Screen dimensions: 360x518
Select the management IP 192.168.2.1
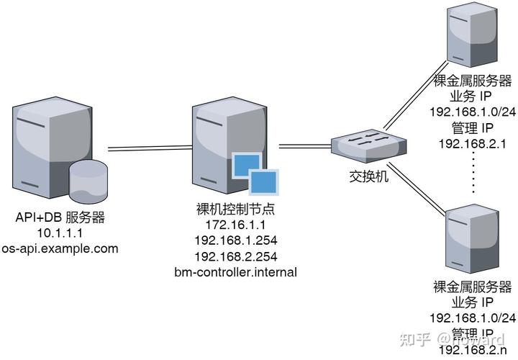coord(473,143)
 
